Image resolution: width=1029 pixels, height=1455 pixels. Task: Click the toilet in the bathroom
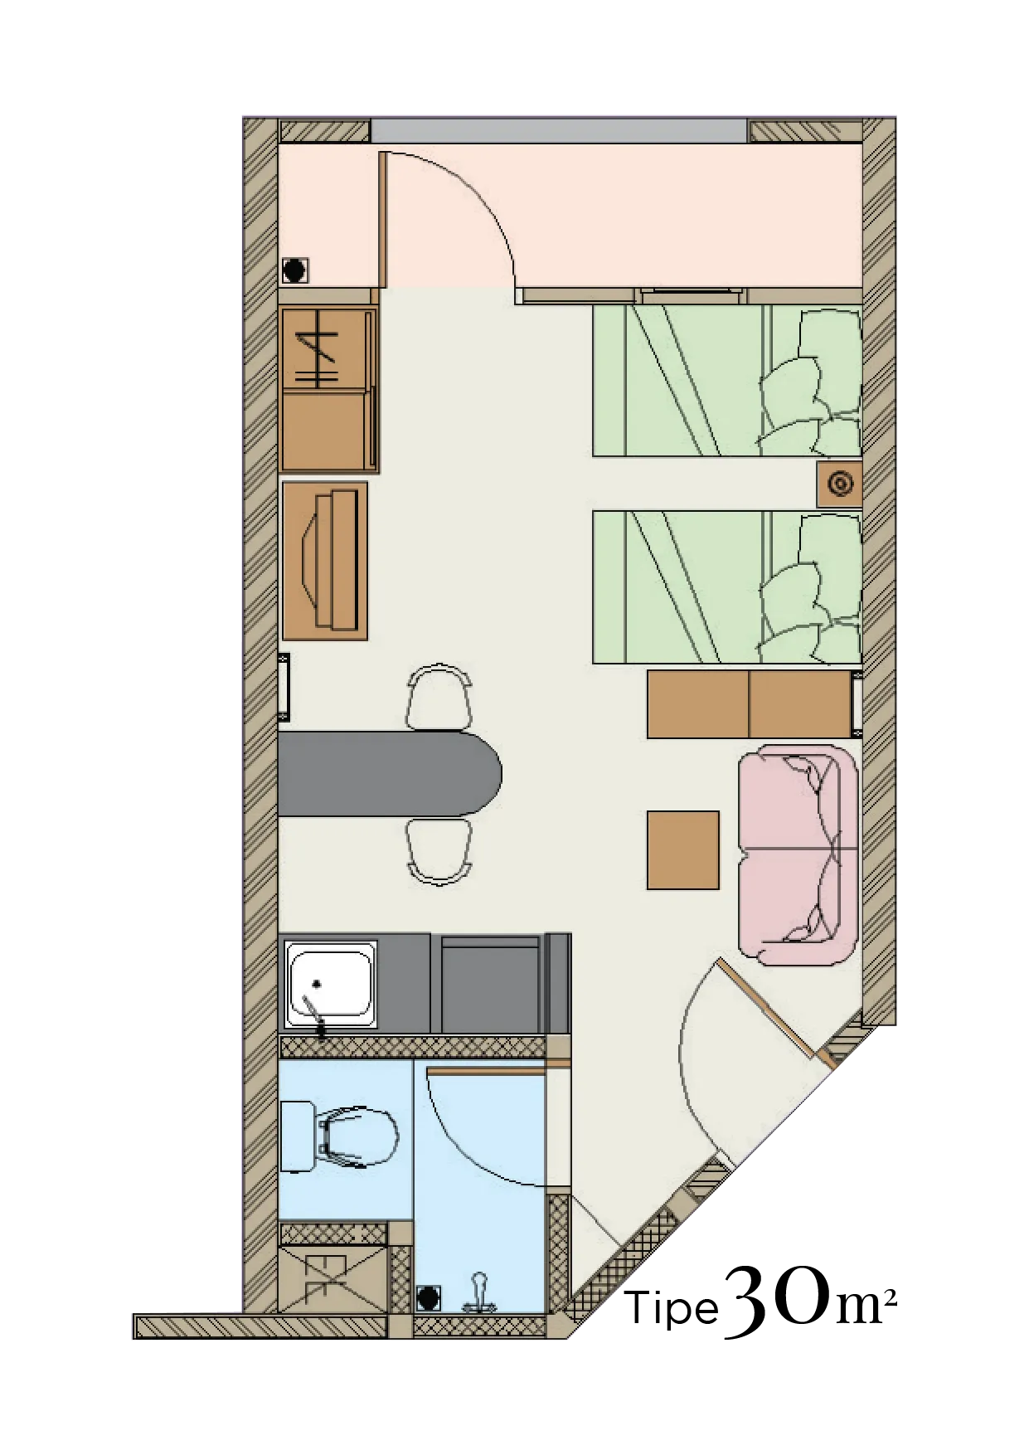click(x=340, y=1136)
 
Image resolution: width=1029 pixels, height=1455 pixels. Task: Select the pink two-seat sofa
click(x=798, y=854)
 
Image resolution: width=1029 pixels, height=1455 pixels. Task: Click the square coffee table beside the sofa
click(x=682, y=850)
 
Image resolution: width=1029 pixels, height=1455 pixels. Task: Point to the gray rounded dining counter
click(x=390, y=773)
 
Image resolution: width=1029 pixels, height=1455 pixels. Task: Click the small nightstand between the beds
click(x=839, y=484)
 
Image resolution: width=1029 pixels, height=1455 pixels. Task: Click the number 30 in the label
click(x=777, y=1301)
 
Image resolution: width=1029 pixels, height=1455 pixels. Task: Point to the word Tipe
click(x=671, y=1308)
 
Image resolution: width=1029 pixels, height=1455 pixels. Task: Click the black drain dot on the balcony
click(x=294, y=270)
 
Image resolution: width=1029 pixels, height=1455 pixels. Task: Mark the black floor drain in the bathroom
click(x=428, y=1298)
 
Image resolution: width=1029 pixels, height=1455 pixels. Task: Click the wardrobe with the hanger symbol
click(x=329, y=389)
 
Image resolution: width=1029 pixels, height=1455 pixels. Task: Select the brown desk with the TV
click(x=325, y=561)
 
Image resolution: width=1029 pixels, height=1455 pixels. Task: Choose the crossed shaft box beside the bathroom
click(x=332, y=1278)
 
